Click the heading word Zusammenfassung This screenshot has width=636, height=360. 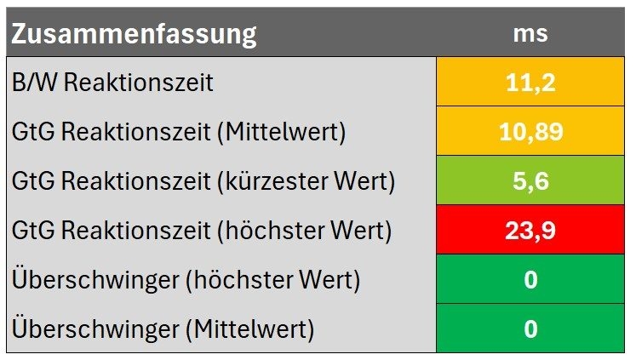134,35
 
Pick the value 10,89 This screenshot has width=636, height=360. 530,131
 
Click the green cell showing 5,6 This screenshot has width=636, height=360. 530,180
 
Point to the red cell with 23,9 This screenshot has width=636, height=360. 530,230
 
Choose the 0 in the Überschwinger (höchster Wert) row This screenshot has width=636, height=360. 530,279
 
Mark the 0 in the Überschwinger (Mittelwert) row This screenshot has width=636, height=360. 530,329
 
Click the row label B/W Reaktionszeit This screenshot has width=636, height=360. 112,83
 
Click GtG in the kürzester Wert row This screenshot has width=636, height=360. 30,181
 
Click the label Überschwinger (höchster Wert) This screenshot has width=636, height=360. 186,280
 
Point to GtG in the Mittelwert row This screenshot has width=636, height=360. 30,132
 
